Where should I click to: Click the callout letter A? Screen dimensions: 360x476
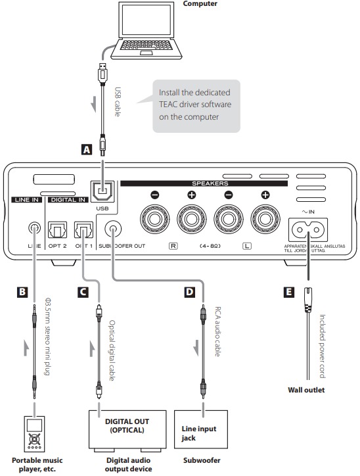click(x=87, y=149)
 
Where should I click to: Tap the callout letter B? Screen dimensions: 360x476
click(x=22, y=292)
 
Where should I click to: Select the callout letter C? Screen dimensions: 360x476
click(x=83, y=292)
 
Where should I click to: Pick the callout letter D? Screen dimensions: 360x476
click(x=190, y=292)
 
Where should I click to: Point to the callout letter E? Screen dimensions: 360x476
click(x=288, y=292)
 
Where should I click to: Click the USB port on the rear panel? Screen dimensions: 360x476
click(x=102, y=191)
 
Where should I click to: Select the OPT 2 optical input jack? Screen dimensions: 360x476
click(x=57, y=230)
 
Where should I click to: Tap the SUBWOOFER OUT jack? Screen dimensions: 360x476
click(x=113, y=229)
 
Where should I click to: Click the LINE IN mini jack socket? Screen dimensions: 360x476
click(x=34, y=227)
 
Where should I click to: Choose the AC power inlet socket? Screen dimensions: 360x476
click(x=308, y=230)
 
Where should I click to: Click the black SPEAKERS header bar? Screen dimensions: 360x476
click(x=204, y=183)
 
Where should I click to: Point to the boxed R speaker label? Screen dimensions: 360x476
click(x=173, y=246)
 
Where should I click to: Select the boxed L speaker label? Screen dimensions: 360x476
click(x=247, y=246)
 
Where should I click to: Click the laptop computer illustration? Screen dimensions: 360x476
click(x=146, y=30)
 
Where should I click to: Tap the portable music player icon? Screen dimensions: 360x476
click(x=34, y=434)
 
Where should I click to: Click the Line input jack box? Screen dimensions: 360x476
click(x=201, y=429)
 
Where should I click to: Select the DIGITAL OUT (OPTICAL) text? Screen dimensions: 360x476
click(x=127, y=425)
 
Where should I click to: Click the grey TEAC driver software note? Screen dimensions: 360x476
click(x=196, y=106)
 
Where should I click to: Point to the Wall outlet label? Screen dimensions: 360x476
click(x=306, y=390)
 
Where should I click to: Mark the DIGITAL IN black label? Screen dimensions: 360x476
click(x=68, y=200)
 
